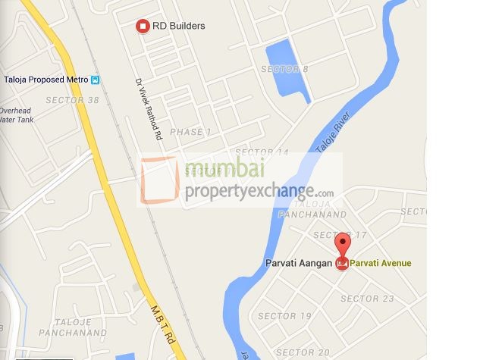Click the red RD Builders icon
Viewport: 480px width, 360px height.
click(x=142, y=27)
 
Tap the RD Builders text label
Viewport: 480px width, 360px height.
click(x=179, y=26)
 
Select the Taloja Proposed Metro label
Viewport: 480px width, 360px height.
click(x=46, y=80)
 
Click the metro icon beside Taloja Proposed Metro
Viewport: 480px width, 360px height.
click(x=95, y=80)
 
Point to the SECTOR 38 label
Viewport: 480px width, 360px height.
click(x=72, y=100)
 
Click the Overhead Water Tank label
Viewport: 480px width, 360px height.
click(x=16, y=115)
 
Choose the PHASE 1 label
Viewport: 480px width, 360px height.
click(x=191, y=132)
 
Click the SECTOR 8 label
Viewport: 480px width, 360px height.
click(x=284, y=70)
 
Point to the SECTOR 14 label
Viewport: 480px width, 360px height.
click(x=265, y=152)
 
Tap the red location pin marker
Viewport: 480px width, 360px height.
click(x=342, y=246)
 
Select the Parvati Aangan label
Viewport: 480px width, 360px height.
click(x=298, y=263)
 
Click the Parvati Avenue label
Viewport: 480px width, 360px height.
click(x=381, y=264)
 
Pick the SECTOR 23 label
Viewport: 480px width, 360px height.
click(x=367, y=299)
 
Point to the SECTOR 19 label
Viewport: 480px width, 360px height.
click(x=284, y=316)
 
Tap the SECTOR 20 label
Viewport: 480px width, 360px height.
click(x=303, y=352)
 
